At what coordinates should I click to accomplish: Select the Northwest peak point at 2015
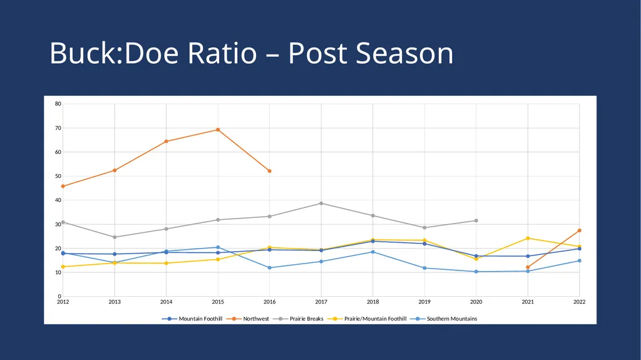point(218,130)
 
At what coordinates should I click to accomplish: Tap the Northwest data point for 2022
point(579,231)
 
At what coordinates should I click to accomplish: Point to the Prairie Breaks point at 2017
point(321,203)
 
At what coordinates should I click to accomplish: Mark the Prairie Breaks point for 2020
point(476,220)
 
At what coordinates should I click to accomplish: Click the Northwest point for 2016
point(269,171)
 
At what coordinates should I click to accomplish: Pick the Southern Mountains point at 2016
point(269,267)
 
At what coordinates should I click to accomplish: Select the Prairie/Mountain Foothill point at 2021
point(528,238)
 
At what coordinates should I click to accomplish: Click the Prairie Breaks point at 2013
point(115,237)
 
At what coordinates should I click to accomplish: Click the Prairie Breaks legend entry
point(301,319)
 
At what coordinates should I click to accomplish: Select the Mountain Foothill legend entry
point(192,319)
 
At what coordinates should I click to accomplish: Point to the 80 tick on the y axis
point(58,104)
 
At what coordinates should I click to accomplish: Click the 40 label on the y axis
point(58,200)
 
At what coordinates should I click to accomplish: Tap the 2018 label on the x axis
point(373,302)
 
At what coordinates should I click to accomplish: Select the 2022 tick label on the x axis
point(579,302)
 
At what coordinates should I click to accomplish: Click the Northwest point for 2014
point(166,141)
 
